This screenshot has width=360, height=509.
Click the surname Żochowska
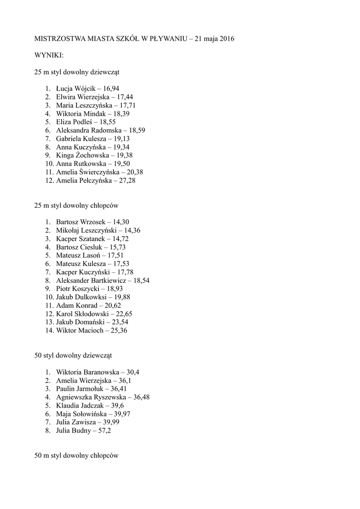coord(94,155)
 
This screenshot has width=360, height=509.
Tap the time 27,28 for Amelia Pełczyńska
coord(125,180)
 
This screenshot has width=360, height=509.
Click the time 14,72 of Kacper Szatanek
coord(110,239)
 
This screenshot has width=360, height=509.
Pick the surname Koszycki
coord(86,289)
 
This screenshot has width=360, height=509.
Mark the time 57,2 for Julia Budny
coord(104,430)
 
